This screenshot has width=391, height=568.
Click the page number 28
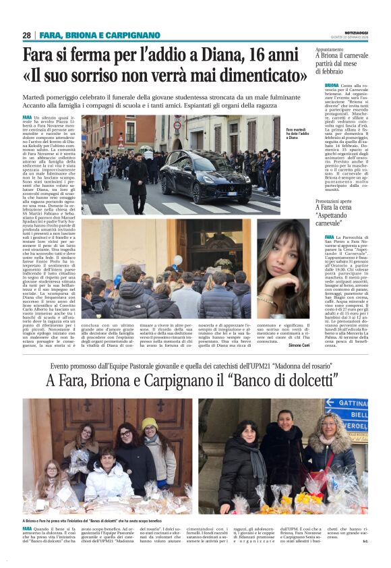[x=26, y=35]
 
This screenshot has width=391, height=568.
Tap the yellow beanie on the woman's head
[x=149, y=423]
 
